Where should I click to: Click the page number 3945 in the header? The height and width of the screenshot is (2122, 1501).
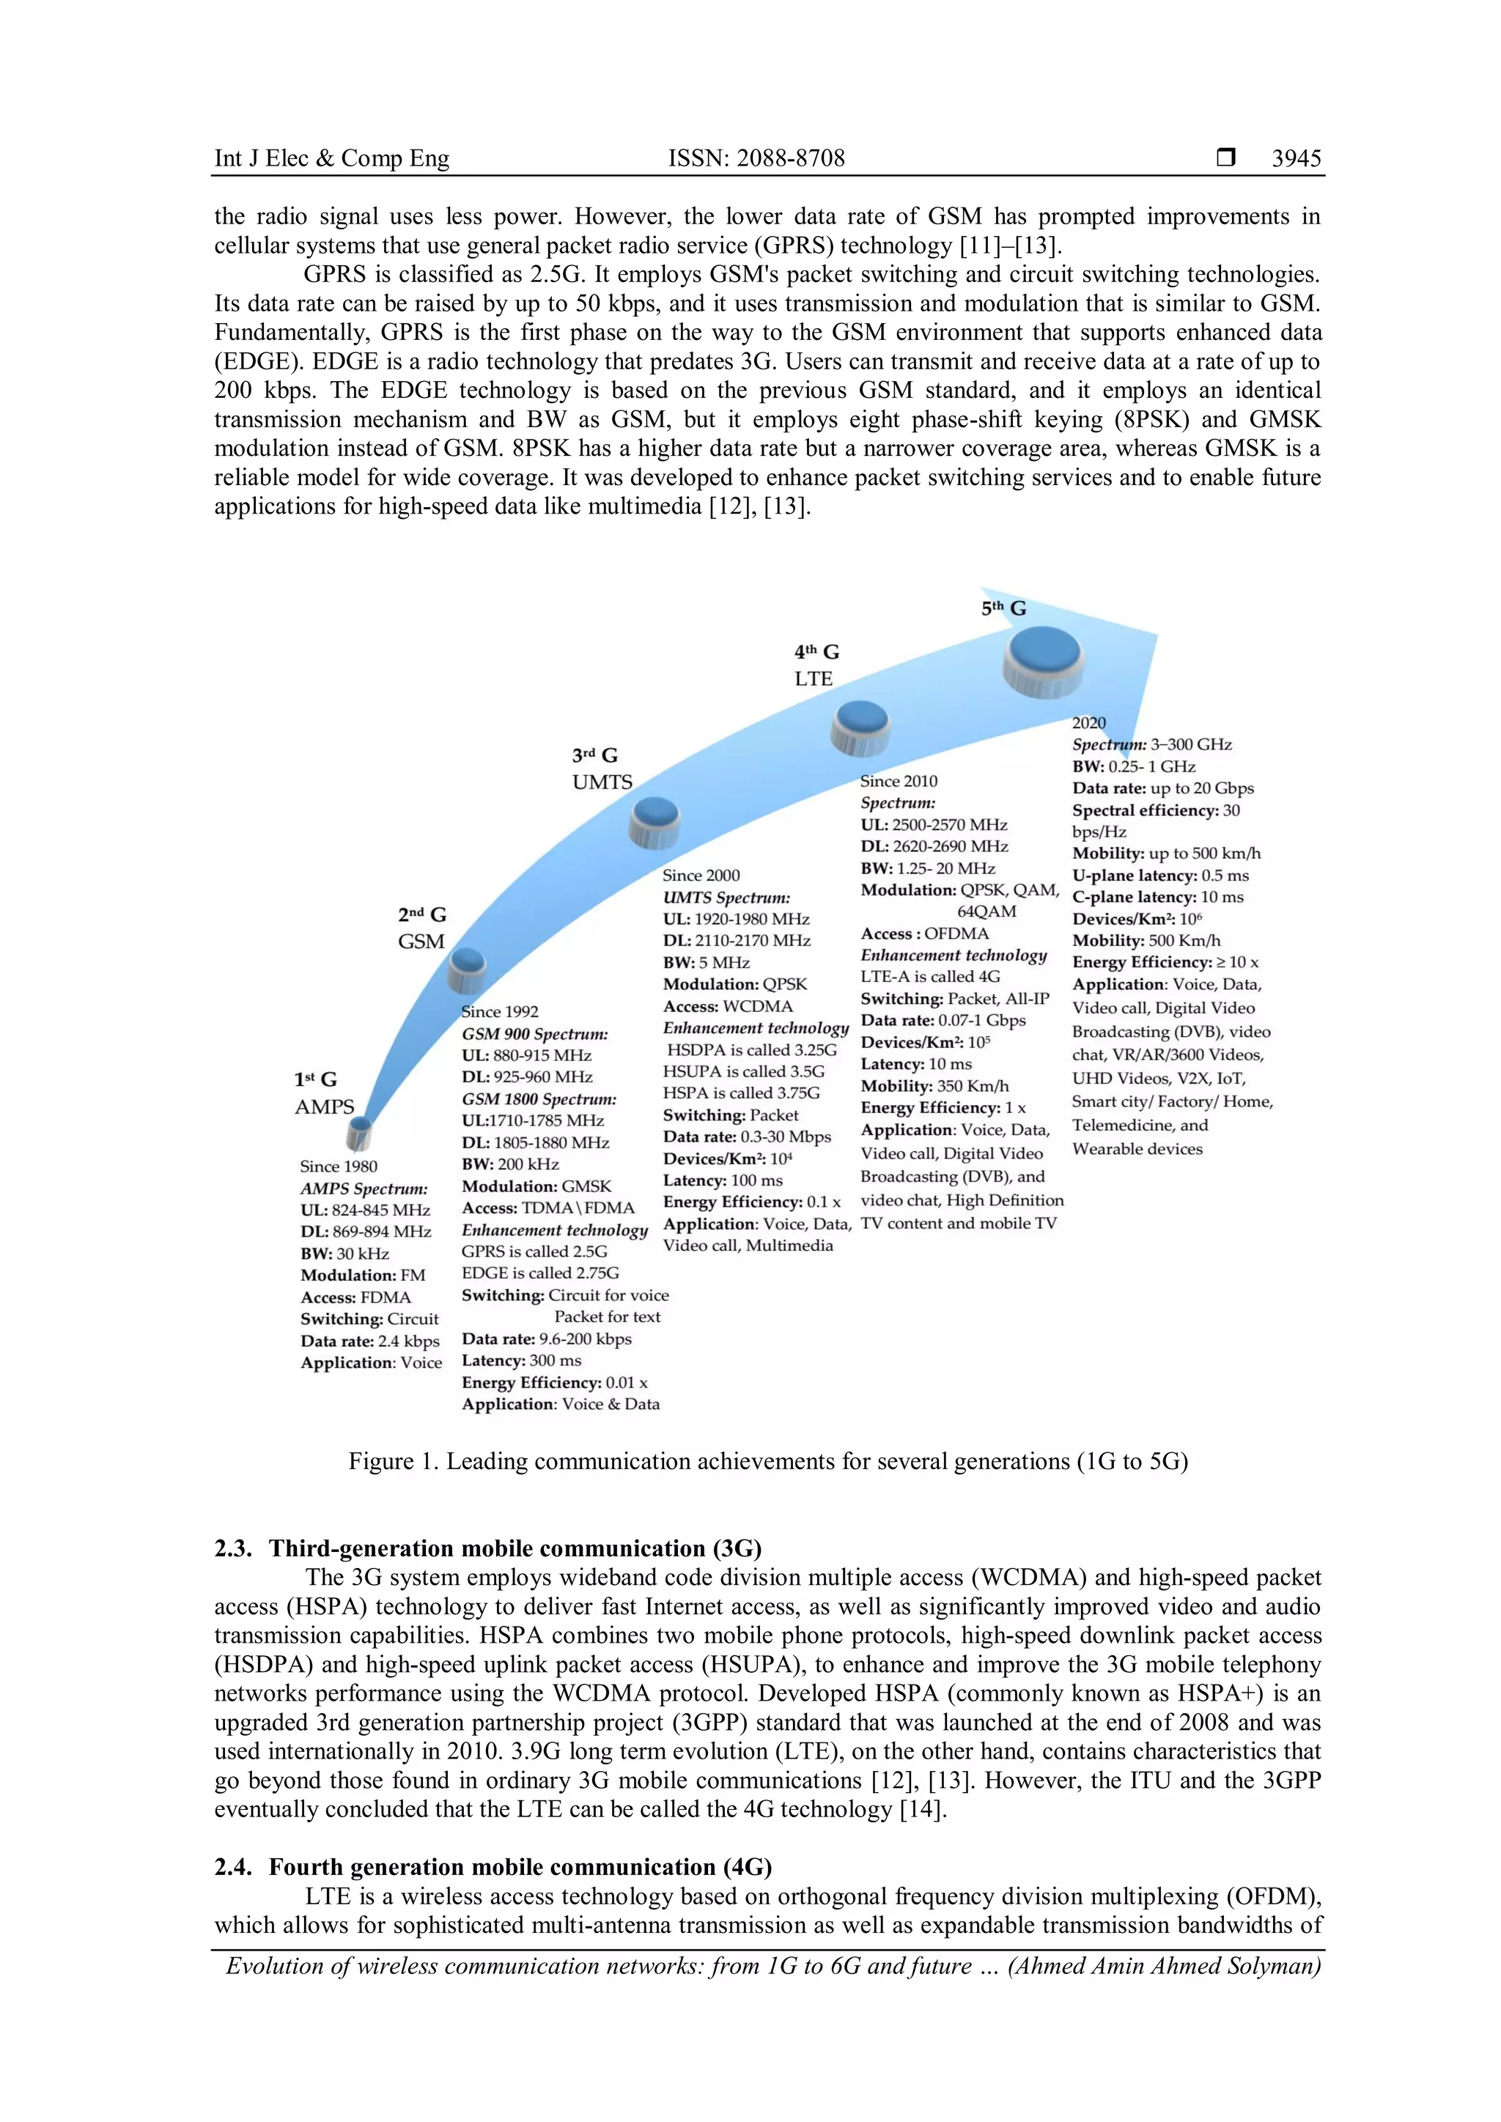[1296, 158]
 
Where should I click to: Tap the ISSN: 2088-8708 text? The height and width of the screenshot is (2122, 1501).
[756, 158]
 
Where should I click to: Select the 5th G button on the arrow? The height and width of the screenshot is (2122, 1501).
[1044, 660]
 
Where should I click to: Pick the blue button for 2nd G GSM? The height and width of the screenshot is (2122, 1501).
[468, 969]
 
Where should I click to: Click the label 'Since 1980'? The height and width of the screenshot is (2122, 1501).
[339, 1167]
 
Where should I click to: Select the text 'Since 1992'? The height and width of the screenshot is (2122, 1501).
[500, 1012]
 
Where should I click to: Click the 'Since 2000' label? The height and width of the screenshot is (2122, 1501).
[701, 875]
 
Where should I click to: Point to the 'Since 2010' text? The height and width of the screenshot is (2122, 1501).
[899, 781]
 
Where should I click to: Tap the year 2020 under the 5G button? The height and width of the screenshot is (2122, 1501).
[1089, 722]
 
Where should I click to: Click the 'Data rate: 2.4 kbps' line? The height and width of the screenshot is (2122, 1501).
[369, 1341]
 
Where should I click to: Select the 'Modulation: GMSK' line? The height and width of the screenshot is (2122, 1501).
[536, 1186]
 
